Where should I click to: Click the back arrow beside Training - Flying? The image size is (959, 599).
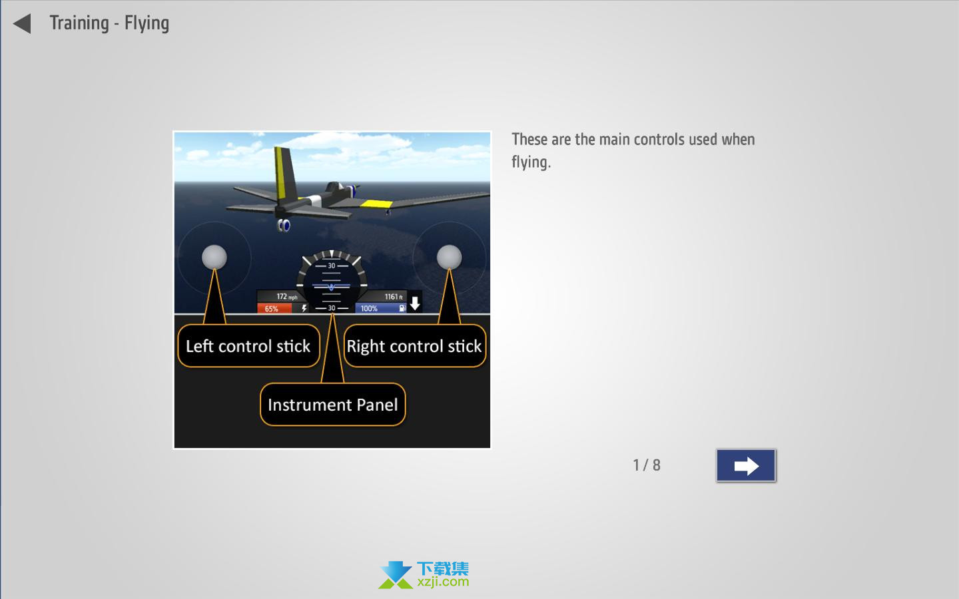click(22, 23)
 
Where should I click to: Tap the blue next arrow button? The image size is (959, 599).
click(746, 465)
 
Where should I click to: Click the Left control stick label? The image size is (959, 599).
click(248, 345)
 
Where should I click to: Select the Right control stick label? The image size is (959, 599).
click(414, 345)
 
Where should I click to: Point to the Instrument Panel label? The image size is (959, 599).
click(333, 405)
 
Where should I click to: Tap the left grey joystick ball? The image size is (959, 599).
click(214, 257)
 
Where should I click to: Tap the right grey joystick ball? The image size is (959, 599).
click(449, 257)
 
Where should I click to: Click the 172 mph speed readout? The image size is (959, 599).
click(286, 297)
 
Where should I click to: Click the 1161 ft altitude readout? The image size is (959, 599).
click(394, 297)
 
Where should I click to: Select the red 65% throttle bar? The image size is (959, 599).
click(274, 309)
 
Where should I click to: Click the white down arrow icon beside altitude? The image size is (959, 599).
click(415, 303)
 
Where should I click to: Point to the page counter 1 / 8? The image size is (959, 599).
click(647, 465)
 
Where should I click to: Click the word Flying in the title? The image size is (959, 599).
click(147, 23)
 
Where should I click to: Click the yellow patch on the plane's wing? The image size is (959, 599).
click(376, 204)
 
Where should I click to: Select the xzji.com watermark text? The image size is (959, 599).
click(443, 582)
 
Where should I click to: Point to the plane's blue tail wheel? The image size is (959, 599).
click(284, 225)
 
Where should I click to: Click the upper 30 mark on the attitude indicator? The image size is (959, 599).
click(332, 266)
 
